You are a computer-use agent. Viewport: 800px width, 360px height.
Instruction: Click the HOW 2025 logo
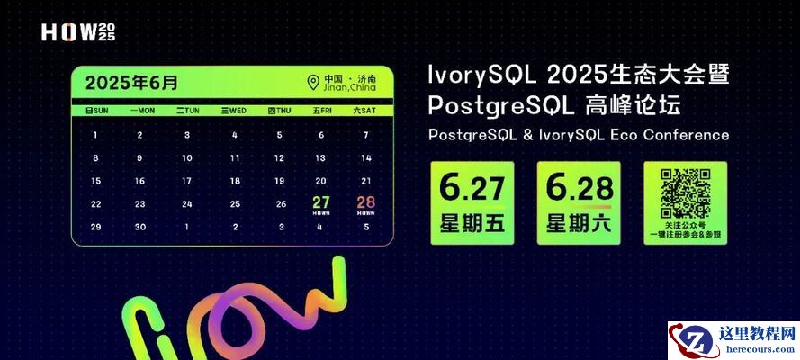pos(78,33)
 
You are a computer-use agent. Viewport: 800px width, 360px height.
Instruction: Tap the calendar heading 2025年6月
pos(131,83)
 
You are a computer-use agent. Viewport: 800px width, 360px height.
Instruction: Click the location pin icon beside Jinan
pos(313,83)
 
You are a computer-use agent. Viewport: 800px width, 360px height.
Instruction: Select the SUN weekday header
pos(96,111)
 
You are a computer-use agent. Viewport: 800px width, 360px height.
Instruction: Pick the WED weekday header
pos(233,111)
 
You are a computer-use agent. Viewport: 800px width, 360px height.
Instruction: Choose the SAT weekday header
pos(364,111)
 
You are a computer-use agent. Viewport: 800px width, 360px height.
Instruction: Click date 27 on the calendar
pos(321,203)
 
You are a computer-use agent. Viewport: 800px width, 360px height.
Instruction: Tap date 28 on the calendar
pos(366,203)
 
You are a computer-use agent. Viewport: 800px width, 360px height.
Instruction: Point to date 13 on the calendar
pos(320,157)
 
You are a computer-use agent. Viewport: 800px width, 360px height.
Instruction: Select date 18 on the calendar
pos(234,181)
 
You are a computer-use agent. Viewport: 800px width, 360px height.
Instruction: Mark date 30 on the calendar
pos(140,227)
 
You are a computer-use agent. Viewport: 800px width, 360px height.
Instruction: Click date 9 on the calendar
pos(140,157)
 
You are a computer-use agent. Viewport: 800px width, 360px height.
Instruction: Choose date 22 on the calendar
pos(96,203)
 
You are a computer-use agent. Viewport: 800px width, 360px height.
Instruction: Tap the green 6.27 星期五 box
pos(472,202)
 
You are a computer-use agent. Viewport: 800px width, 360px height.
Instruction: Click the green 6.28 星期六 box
pos(579,202)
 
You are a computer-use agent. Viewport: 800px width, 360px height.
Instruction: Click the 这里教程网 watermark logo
pos(733,340)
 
